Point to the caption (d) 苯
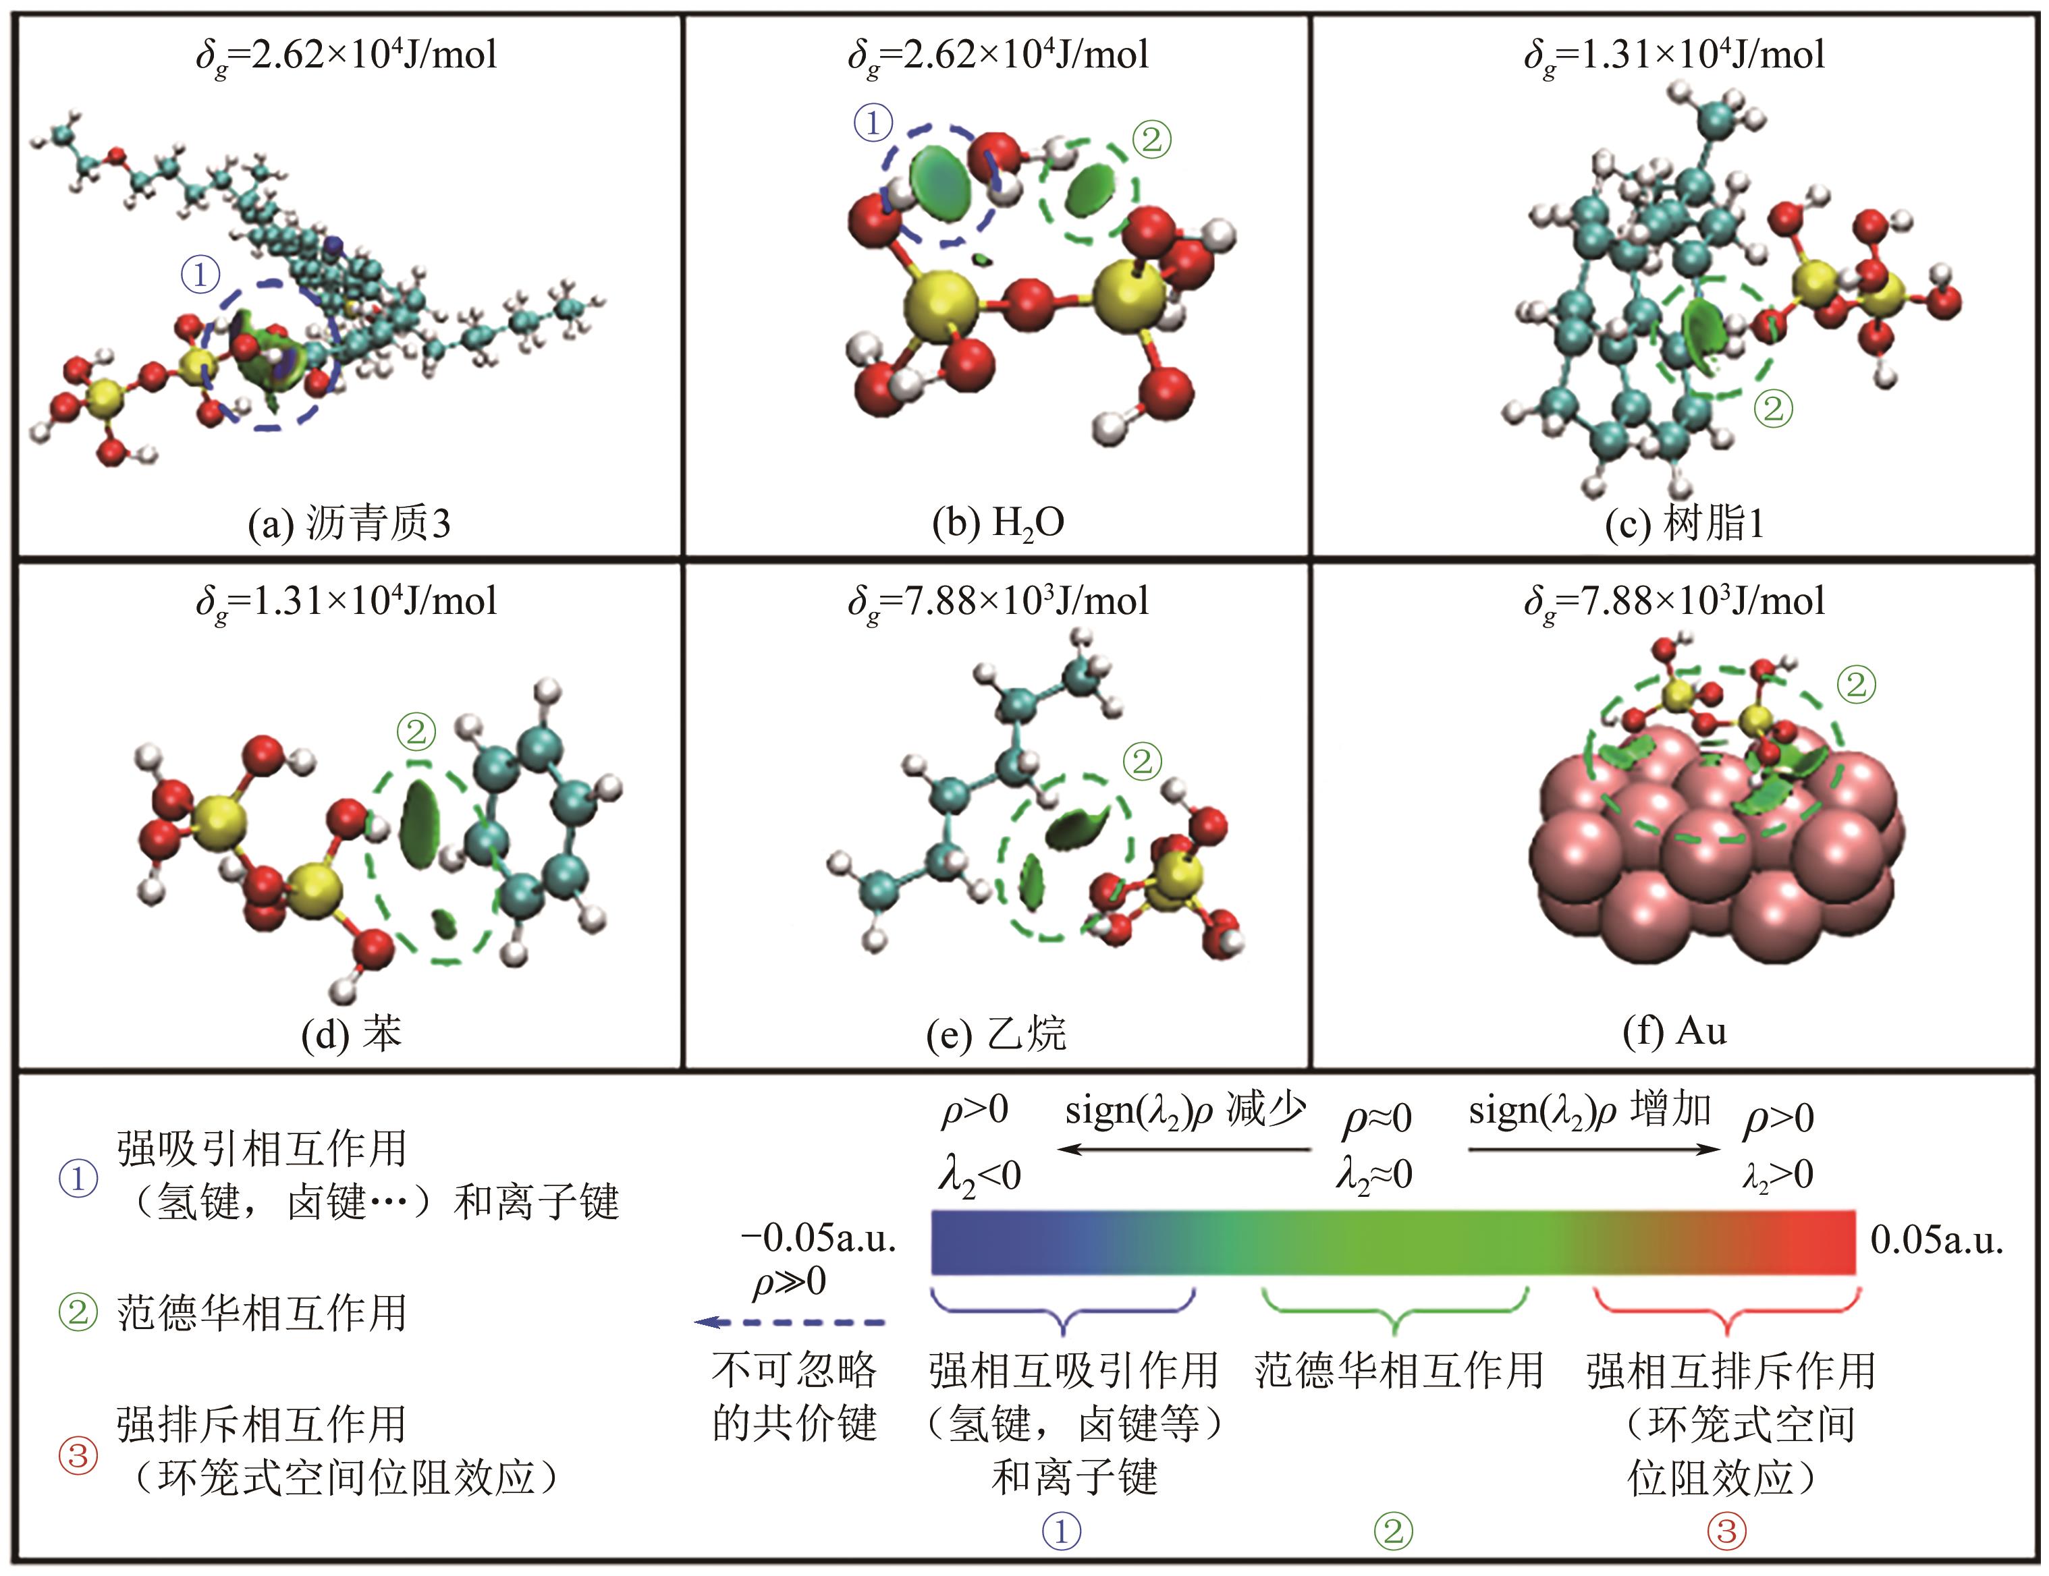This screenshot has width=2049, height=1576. [351, 1033]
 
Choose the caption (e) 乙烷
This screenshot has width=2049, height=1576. [995, 1033]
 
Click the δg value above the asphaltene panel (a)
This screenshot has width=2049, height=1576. [346, 55]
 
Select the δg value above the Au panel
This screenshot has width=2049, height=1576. [1674, 601]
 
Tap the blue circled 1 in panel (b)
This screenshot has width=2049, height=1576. [873, 123]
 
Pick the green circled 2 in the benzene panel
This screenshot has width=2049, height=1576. [416, 731]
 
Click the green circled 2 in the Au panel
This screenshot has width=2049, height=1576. [1857, 685]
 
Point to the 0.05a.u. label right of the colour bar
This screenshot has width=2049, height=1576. [1936, 1240]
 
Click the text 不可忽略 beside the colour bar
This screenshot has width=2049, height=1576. [794, 1370]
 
